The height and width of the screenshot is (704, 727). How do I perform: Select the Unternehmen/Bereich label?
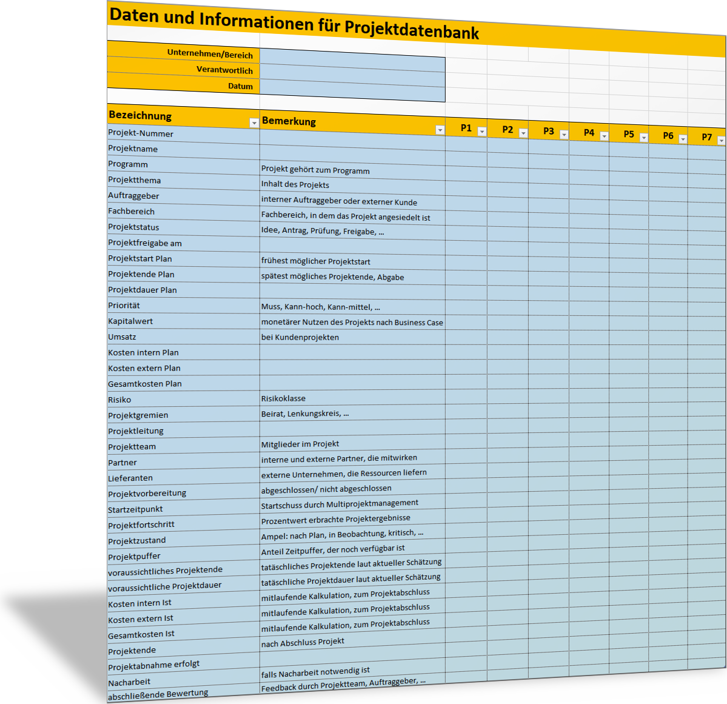210,54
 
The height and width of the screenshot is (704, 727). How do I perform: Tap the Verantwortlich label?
224,70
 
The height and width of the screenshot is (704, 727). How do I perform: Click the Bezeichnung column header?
140,115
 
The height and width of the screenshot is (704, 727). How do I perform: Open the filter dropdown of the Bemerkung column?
440,130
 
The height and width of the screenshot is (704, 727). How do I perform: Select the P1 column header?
466,128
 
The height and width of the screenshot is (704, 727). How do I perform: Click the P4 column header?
589,132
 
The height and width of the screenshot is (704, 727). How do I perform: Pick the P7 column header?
706,137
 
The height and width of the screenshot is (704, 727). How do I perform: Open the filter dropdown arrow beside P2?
523,133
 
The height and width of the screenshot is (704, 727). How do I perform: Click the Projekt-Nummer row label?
141,133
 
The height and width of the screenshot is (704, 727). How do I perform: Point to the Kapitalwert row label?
130,321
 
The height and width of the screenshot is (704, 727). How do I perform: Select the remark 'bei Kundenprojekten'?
300,337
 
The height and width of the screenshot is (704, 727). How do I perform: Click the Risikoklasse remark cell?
283,398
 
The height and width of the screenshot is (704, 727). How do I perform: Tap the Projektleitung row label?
136,431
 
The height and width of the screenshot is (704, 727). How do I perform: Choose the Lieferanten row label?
130,478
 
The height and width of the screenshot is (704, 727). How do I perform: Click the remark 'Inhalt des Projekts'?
295,184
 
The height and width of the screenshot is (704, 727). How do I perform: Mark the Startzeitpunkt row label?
135,509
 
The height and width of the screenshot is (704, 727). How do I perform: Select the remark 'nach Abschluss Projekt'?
303,642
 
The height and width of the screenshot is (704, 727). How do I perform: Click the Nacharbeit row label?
129,682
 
